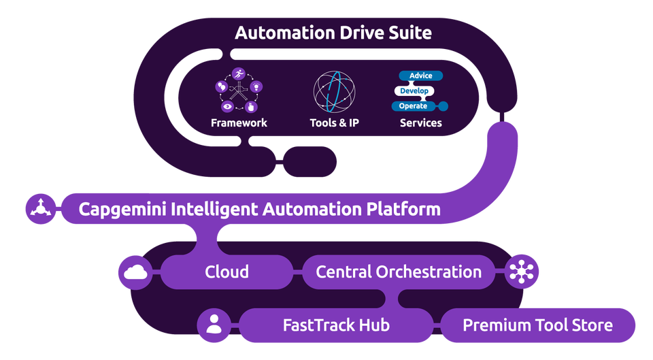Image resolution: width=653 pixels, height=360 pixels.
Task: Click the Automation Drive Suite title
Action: [x=333, y=33]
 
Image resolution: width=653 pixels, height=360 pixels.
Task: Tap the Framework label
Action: [x=239, y=123]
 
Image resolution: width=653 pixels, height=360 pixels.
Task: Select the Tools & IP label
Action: [x=334, y=123]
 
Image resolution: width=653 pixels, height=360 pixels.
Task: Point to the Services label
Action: [x=421, y=123]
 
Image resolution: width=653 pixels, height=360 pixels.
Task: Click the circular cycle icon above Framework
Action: [x=239, y=91]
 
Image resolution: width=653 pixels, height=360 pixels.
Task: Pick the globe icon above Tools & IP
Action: [x=334, y=91]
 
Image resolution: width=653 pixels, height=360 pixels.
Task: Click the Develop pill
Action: [x=414, y=91]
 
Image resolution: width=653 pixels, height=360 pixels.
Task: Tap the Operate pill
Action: [x=414, y=106]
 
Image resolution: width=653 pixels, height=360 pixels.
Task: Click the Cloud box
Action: [x=227, y=272]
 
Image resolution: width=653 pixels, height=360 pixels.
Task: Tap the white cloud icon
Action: [x=135, y=272]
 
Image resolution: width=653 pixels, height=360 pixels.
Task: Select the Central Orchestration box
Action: [x=399, y=272]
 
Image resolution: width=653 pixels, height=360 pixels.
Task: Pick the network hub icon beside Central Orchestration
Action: [x=522, y=272]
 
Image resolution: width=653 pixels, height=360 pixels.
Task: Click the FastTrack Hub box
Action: [x=337, y=325]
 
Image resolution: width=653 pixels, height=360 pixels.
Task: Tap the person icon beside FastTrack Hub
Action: [x=214, y=325]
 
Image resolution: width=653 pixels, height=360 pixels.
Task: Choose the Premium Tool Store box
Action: [x=537, y=325]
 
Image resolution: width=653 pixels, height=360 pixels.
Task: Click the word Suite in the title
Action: [x=405, y=33]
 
